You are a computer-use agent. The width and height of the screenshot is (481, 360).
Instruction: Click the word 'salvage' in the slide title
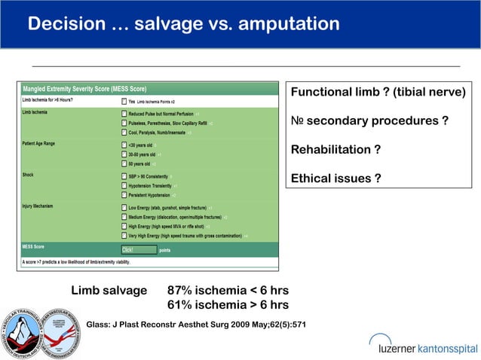(161, 25)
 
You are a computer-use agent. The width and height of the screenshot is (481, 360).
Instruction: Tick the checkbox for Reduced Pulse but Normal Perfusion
(124, 114)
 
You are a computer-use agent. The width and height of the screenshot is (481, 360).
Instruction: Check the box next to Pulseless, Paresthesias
(124, 123)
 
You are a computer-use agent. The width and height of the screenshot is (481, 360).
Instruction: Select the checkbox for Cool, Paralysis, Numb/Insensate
(124, 133)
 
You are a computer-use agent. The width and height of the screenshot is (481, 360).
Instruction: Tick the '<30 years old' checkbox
(124, 145)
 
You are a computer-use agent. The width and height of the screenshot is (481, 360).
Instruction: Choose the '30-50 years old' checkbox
(124, 154)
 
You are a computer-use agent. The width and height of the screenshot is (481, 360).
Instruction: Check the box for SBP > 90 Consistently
(124, 175)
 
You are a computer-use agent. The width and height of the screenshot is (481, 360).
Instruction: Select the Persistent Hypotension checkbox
(124, 194)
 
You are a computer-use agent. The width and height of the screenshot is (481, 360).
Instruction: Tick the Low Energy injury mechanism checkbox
(124, 207)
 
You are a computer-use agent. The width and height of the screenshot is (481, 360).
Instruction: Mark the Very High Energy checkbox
(124, 235)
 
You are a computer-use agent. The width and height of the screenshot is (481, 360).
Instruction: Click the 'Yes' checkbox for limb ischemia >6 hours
(124, 101)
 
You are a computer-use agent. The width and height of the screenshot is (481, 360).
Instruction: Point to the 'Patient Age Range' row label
(44, 142)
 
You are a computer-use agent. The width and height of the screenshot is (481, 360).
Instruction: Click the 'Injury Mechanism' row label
(42, 206)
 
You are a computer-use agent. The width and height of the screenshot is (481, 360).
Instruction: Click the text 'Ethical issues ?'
(335, 178)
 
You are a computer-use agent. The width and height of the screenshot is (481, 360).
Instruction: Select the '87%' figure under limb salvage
(181, 291)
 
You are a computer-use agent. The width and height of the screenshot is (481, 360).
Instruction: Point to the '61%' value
(181, 305)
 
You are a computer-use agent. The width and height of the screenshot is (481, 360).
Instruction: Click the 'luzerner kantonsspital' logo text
(427, 347)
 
